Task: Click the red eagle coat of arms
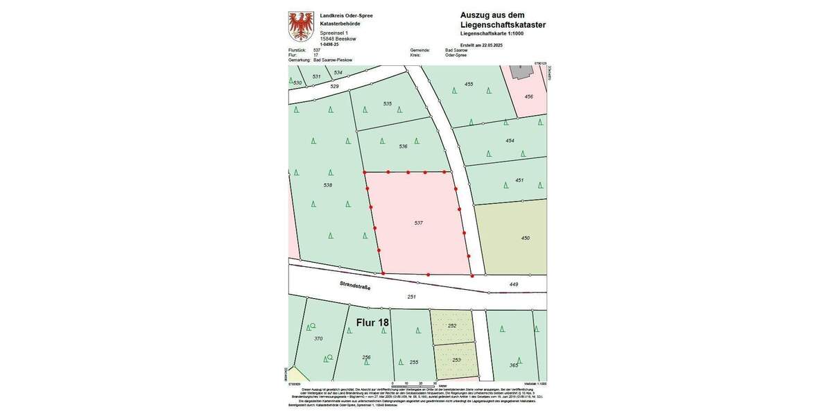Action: (x=301, y=26)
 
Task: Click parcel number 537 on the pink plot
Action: (x=418, y=223)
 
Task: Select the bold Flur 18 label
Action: (x=372, y=322)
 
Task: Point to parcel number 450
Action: (x=525, y=238)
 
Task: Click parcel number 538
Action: (x=328, y=185)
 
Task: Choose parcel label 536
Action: (x=403, y=146)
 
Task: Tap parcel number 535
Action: (x=388, y=104)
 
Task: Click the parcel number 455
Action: (x=469, y=84)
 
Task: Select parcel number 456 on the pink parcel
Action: (x=528, y=96)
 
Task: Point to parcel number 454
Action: (x=510, y=141)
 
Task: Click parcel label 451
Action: (x=519, y=180)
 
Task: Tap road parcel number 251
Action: (x=411, y=297)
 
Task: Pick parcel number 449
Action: (x=514, y=284)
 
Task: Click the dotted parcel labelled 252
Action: (x=452, y=325)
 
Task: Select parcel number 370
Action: (x=318, y=338)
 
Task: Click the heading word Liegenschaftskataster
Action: (x=503, y=25)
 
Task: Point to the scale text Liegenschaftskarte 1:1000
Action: (x=492, y=33)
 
